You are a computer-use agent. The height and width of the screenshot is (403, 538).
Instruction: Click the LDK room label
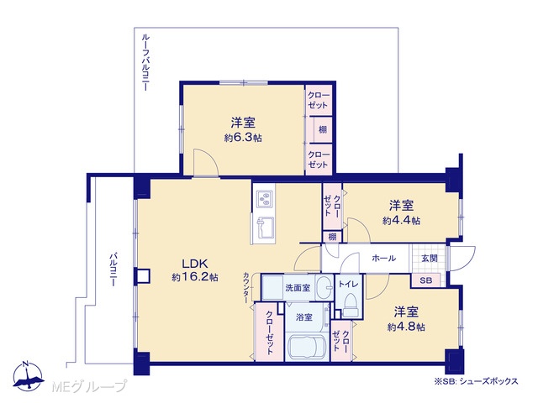coord(195,264)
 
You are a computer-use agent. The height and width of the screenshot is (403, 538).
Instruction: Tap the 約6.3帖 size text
coord(243,138)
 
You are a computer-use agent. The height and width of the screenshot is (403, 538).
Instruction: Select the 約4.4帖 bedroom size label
coord(401,220)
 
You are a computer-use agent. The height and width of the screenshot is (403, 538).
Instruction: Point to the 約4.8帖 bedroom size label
coord(406,327)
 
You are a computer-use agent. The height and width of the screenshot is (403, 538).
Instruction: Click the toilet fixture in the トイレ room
coord(351,306)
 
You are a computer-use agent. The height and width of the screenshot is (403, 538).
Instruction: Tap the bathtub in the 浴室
coord(307,347)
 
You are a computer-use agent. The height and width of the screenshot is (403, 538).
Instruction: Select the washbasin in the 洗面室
coord(324,286)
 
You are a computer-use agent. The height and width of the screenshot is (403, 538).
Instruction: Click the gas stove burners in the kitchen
coord(265,199)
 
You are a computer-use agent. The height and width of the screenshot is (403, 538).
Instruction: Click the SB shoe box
coord(425,280)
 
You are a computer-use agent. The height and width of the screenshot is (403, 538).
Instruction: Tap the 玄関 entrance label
coord(430,259)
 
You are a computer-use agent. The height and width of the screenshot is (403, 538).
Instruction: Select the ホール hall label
coord(383,259)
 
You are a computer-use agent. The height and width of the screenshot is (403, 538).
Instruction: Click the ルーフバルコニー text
coord(145,62)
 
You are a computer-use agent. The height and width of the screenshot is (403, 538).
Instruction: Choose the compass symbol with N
coord(28,376)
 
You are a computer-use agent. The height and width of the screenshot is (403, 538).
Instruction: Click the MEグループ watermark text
coord(89,386)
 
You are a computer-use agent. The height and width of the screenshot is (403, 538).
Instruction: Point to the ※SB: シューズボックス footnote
coord(476,381)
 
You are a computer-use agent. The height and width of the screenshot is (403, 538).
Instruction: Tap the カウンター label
coord(246,287)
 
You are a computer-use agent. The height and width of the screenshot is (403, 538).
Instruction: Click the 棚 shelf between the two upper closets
coord(323,129)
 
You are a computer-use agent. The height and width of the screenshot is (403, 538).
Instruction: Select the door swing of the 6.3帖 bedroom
coord(205,163)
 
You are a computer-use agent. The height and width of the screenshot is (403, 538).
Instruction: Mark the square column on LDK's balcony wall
coord(143,276)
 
